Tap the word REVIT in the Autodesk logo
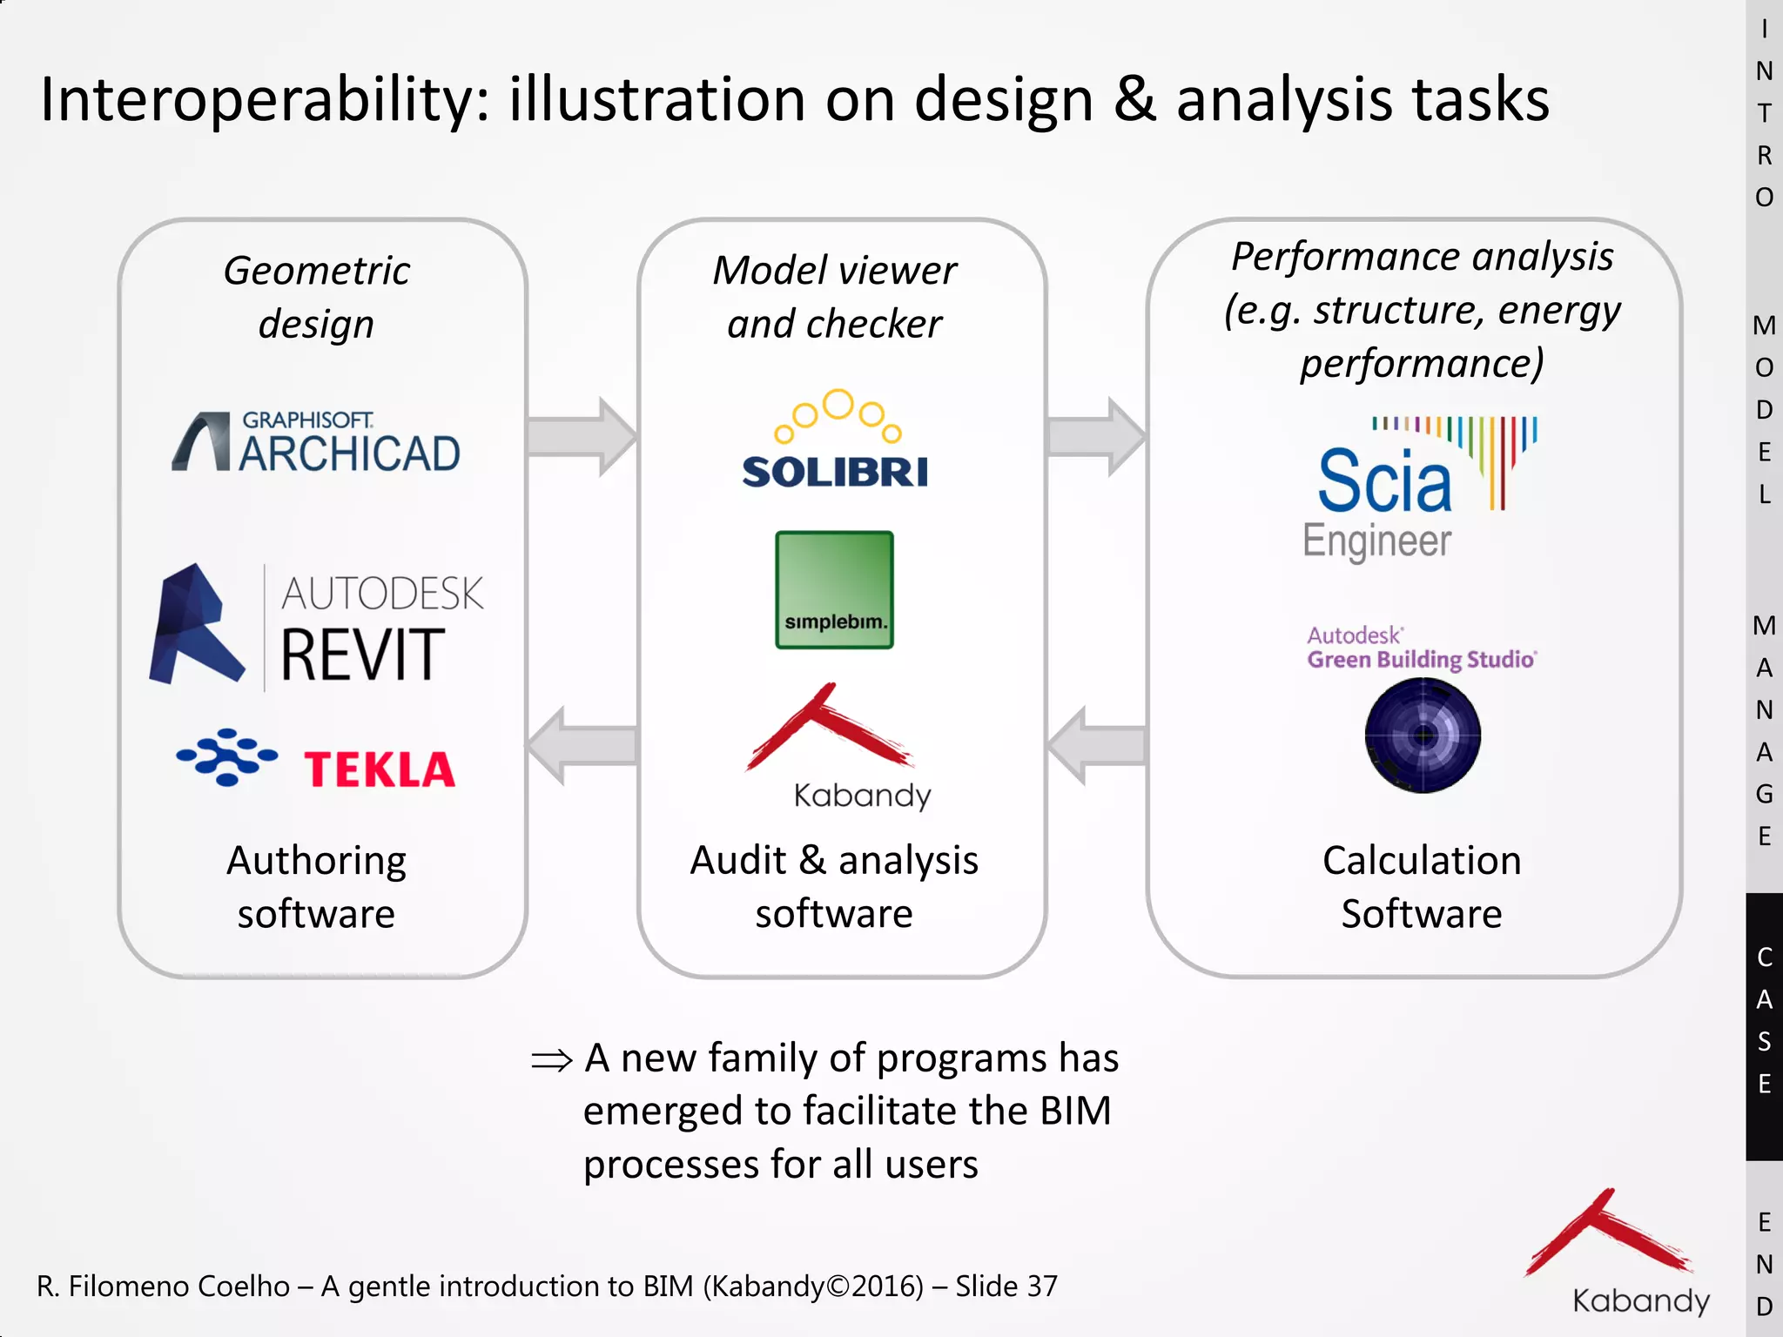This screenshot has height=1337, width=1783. pyautogui.click(x=362, y=655)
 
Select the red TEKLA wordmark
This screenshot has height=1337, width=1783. pyautogui.click(x=379, y=769)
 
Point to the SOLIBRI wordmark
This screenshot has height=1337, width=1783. pyautogui.click(x=835, y=472)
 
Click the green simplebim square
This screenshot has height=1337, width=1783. pyautogui.click(x=834, y=589)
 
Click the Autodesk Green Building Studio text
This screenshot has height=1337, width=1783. pyautogui.click(x=1421, y=648)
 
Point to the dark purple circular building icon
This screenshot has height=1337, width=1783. pyautogui.click(x=1423, y=736)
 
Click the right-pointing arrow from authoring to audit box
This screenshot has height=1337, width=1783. pyautogui.click(x=582, y=436)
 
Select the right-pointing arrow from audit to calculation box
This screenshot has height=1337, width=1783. pyautogui.click(x=1096, y=436)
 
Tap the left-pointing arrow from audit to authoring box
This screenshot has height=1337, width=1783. pyautogui.click(x=582, y=746)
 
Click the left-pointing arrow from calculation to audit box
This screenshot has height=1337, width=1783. pyautogui.click(x=1096, y=746)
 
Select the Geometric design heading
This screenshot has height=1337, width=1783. pyautogui.click(x=317, y=296)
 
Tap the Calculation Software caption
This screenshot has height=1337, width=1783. pyautogui.click(x=1421, y=886)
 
